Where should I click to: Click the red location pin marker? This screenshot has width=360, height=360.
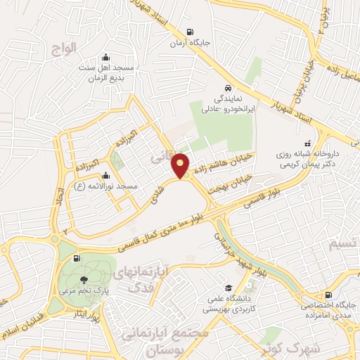[x=181, y=165]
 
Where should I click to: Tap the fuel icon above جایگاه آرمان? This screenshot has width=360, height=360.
[x=189, y=31]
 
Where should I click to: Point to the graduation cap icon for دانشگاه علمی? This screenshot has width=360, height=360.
[x=229, y=288]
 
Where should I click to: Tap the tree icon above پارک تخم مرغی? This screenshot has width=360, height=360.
[x=85, y=280]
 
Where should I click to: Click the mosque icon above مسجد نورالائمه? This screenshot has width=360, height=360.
[x=105, y=176]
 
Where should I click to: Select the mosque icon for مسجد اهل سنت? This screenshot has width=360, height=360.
[x=105, y=57]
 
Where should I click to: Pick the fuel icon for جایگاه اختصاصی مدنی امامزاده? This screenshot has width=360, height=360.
[x=329, y=295]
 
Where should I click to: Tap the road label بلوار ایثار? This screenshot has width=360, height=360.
[x=85, y=313]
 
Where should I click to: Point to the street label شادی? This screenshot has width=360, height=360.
[x=155, y=198]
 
